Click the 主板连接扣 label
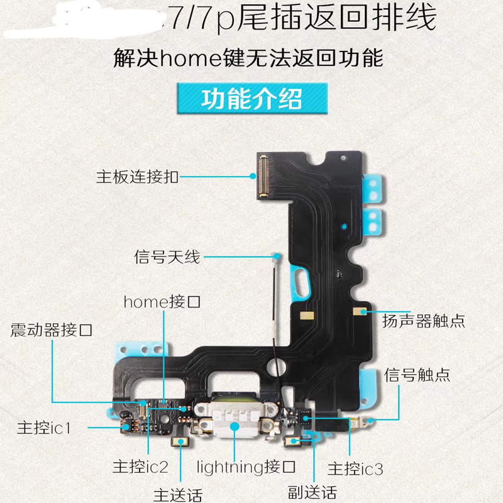pyautogui.click(x=137, y=177)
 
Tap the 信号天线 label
pyautogui.click(x=167, y=257)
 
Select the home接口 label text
pyautogui.click(x=162, y=302)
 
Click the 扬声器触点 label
pyautogui.click(x=423, y=321)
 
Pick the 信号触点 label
pyautogui.click(x=417, y=375)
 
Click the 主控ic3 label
pyautogui.click(x=355, y=468)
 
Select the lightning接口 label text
pyautogui.click(x=246, y=467)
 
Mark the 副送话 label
pyautogui.click(x=312, y=491)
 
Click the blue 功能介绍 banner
pyautogui.click(x=251, y=99)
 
